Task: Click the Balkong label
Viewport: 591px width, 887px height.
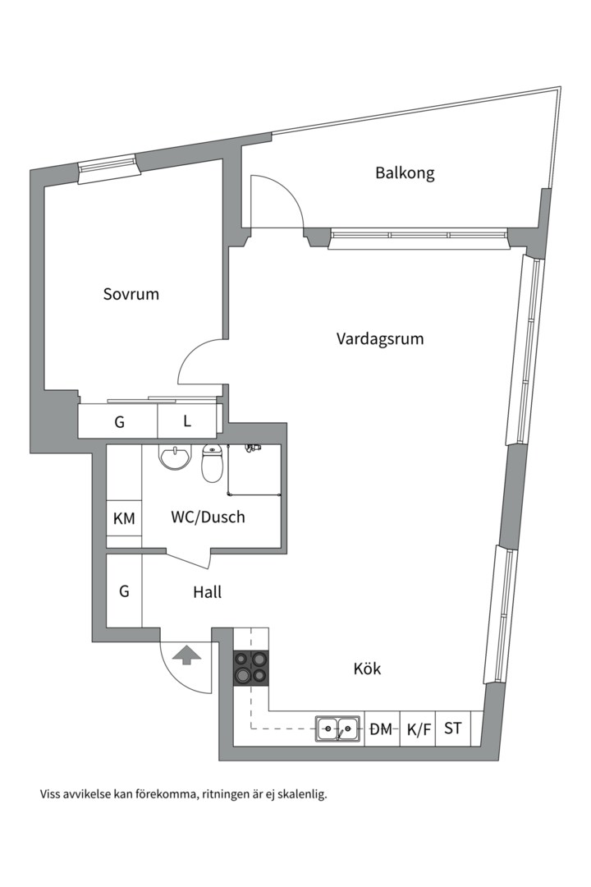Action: pos(405,173)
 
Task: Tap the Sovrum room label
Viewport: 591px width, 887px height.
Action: pos(131,294)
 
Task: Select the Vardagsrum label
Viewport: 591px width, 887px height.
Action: pos(380,338)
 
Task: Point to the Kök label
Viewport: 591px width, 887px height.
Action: pos(367,669)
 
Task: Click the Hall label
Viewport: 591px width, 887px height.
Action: pos(207,591)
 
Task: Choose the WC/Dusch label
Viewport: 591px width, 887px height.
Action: pos(208,517)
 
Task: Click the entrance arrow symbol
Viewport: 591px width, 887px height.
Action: pos(187,655)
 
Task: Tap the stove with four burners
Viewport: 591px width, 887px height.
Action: pos(251,667)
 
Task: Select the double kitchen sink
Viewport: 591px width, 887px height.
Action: pos(338,728)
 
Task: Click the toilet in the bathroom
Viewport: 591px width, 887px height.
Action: pos(213,464)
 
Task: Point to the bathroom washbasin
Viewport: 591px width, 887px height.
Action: pos(174,457)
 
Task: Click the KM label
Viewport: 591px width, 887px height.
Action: pos(124,518)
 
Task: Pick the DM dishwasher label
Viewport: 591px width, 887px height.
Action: pos(381,728)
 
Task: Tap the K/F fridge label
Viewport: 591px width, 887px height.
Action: pos(419,728)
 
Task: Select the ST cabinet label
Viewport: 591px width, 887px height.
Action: pos(452,728)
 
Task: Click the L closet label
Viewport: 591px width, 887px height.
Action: pos(187,421)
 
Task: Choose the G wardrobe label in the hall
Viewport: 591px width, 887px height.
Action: pos(124,591)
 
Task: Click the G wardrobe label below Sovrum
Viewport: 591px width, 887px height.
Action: pos(119,422)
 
